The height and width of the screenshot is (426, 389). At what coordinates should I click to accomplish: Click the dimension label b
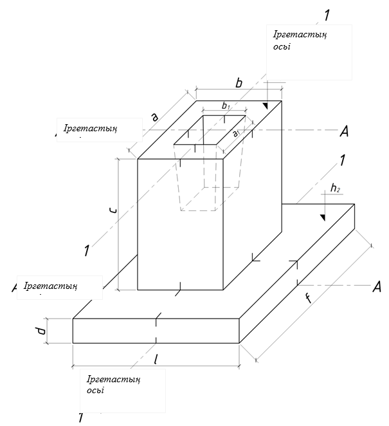pos(239,83)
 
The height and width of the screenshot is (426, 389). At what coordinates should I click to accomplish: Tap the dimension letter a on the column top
pos(155,116)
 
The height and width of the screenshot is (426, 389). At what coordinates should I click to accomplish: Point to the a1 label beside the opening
pos(237,133)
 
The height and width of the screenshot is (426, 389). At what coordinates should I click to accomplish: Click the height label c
pos(113,210)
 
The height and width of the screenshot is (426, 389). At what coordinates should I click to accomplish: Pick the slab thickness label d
pos(41,331)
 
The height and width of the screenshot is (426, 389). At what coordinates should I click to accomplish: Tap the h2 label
pos(335,188)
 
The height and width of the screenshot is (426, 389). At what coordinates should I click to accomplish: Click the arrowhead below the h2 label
pos(324,216)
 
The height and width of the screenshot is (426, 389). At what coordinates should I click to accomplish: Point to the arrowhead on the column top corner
pos(266,105)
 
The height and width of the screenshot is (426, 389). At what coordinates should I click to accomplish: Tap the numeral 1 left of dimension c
pos(86,251)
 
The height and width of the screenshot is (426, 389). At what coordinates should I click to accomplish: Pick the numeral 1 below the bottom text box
pos(81,418)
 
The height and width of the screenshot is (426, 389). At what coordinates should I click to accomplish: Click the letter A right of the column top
pos(344,131)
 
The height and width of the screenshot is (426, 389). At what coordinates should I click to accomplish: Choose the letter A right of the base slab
pos(377,287)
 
